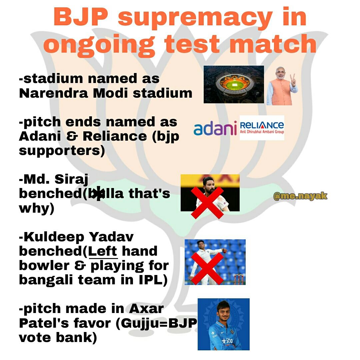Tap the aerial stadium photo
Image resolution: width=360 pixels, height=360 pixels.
coord(234,84)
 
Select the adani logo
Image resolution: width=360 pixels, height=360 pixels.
coord(215,128)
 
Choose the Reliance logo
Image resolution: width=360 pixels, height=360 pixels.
coord(262,128)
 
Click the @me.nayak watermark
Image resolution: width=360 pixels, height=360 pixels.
coord(300,196)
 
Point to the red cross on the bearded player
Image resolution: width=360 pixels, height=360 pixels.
coord(207,202)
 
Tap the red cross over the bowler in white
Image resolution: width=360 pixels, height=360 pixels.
coord(208,268)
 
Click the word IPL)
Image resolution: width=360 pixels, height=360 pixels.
coord(153,280)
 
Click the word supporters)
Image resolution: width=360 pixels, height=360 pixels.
coord(62,151)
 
